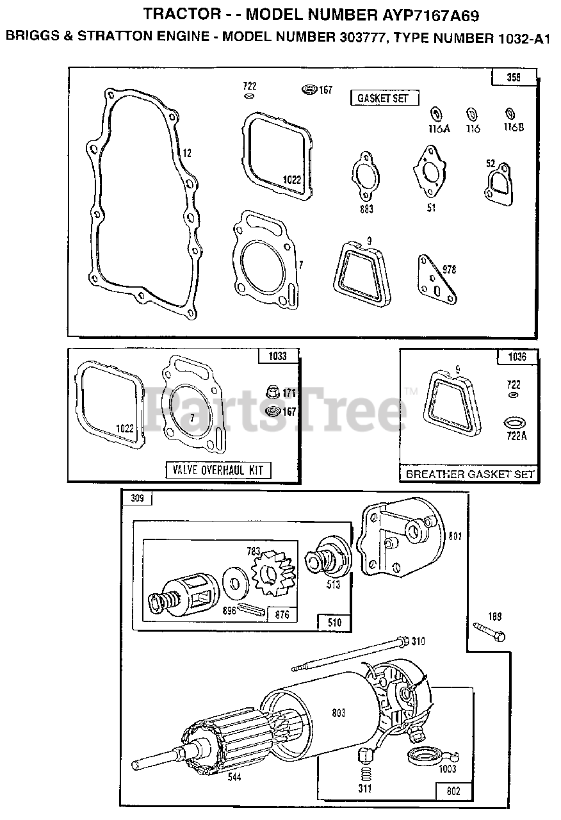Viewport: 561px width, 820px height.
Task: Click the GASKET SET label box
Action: (385, 98)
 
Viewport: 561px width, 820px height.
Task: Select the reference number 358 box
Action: (514, 78)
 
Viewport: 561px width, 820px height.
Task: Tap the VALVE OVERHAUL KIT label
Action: (218, 470)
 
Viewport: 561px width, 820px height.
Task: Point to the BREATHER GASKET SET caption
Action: (470, 474)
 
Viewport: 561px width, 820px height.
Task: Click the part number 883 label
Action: (367, 209)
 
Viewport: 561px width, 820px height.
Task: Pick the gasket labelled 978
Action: (437, 280)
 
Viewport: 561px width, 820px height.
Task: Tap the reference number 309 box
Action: (138, 498)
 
